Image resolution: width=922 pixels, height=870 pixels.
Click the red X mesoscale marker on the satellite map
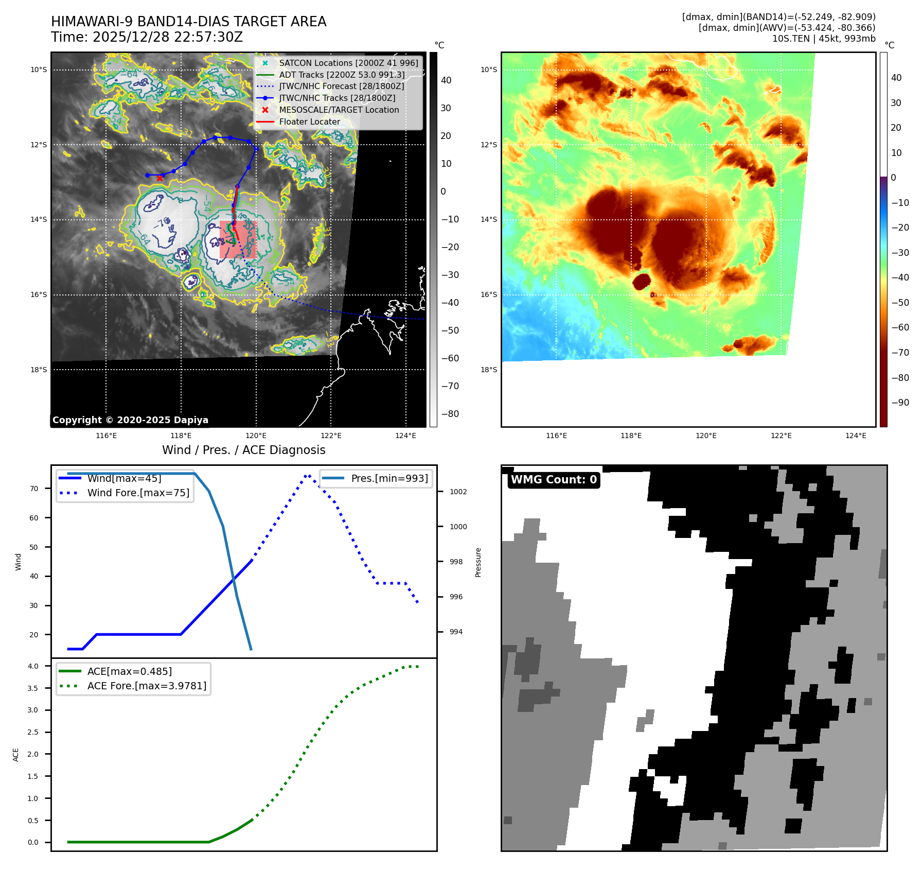click(160, 178)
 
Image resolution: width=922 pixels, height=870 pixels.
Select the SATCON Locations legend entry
click(348, 63)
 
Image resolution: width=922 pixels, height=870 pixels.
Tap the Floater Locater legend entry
click(309, 121)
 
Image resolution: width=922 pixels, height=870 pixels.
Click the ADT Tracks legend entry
click(342, 75)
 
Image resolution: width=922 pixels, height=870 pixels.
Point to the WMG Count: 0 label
click(554, 480)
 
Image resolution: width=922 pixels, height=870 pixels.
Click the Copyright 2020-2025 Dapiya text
click(130, 420)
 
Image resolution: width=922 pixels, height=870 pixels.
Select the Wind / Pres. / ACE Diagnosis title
click(243, 450)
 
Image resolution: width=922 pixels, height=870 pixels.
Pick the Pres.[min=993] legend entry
click(389, 478)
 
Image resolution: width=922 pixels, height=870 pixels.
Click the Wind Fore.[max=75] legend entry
click(138, 493)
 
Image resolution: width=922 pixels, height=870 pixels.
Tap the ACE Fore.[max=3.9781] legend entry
click(147, 686)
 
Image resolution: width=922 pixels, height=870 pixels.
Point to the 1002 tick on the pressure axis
click(458, 492)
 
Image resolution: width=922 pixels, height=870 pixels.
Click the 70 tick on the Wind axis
click(34, 489)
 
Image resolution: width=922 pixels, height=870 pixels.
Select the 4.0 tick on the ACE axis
click(33, 666)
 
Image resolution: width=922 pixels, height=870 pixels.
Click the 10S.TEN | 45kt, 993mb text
click(823, 39)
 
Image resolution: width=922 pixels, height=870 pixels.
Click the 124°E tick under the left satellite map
click(405, 436)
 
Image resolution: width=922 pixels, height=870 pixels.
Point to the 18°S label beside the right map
click(488, 370)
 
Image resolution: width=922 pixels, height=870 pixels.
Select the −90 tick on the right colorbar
click(900, 403)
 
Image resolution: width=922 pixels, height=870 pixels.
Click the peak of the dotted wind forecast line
click(307, 475)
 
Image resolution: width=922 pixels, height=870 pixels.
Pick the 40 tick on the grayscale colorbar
click(446, 80)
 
